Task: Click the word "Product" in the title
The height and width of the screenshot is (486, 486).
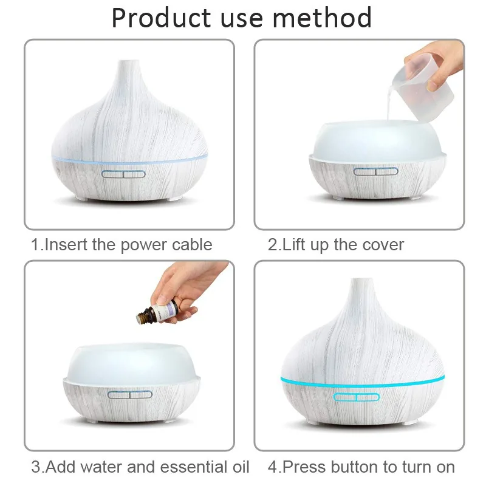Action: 161,18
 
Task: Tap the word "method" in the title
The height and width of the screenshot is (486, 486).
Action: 322,18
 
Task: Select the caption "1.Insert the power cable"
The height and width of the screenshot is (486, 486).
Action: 122,245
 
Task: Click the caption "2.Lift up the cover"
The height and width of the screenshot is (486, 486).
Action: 336,245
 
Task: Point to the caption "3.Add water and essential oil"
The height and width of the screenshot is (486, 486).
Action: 140,467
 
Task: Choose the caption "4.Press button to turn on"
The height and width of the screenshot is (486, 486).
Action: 361,467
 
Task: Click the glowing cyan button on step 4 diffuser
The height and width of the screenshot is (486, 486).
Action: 357,397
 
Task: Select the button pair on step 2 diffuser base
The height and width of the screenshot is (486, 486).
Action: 375,171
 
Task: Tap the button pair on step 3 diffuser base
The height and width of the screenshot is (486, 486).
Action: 130,394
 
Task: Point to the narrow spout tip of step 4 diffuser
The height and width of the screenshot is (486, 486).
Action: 363,281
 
